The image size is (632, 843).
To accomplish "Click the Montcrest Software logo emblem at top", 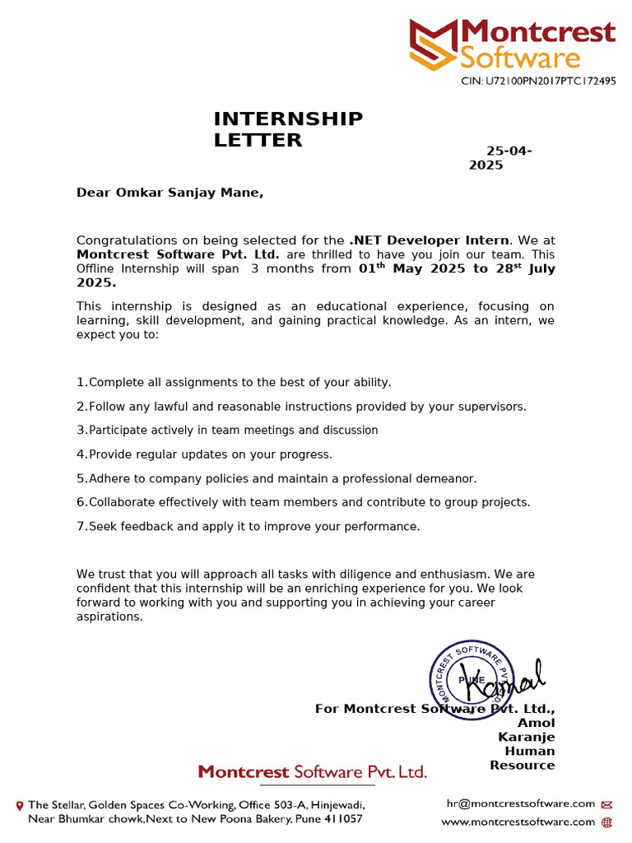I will click(434, 45).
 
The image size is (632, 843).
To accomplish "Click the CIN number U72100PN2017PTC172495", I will click(537, 82).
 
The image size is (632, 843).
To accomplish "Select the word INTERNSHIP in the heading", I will click(288, 119).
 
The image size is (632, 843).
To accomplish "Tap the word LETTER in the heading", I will click(258, 140).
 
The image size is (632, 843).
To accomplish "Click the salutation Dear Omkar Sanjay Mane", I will click(170, 193).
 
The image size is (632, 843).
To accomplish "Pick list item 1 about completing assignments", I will click(234, 382).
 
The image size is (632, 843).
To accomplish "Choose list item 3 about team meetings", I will click(227, 430).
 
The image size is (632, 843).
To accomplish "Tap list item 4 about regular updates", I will click(204, 454).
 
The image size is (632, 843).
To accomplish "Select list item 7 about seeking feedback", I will click(248, 526).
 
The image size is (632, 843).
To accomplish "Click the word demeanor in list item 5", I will click(446, 478).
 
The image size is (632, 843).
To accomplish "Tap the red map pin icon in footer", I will click(20, 805).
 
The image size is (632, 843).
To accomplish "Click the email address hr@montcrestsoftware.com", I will click(520, 803).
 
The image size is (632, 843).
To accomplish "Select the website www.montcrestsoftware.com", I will click(518, 822).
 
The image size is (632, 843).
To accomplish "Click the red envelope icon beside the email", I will click(607, 804).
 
